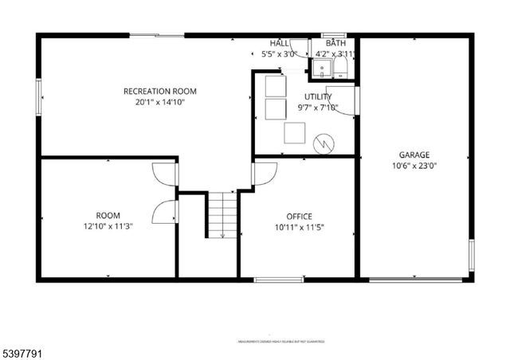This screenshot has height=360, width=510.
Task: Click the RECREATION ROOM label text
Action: tap(159, 92)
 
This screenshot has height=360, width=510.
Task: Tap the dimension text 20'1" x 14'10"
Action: tap(159, 102)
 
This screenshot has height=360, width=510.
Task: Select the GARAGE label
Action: tap(414, 155)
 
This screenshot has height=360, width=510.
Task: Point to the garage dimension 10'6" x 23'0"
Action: tap(414, 166)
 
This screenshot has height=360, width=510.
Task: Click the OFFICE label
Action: tap(300, 217)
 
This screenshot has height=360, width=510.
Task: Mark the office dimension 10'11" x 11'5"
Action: tap(300, 227)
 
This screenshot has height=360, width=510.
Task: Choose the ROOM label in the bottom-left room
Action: tap(108, 215)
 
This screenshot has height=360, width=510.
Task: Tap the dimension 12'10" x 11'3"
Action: tap(108, 226)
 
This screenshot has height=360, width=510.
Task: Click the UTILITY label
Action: tap(318, 97)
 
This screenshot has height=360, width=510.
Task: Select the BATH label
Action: tap(335, 43)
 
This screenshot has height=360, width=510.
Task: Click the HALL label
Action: tap(279, 43)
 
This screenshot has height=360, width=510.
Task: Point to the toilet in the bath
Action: tap(341, 69)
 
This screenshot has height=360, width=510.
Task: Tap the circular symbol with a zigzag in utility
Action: tap(324, 143)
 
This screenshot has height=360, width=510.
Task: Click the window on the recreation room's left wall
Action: tap(37, 96)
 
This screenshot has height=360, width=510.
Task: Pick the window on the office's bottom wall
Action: tap(278, 280)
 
